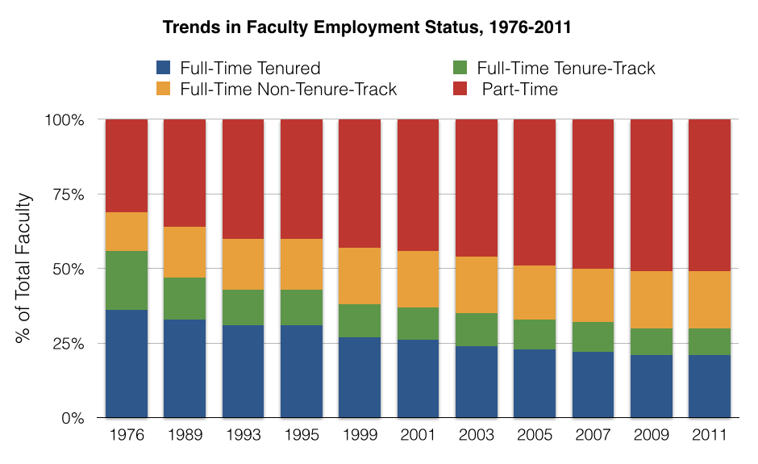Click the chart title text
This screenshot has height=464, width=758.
367,27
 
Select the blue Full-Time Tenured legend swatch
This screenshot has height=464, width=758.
164,68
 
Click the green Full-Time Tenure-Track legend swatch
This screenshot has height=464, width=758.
460,68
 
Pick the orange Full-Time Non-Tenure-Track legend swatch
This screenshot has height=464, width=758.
164,89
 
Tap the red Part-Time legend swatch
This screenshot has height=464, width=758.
460,89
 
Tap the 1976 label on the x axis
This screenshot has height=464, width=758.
127,436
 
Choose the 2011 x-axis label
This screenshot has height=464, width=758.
710,436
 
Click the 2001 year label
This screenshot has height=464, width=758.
418,436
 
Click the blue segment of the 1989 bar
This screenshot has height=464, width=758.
185,369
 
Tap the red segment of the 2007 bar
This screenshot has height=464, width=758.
593,194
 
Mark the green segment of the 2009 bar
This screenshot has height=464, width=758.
651,341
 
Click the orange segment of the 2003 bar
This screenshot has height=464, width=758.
477,285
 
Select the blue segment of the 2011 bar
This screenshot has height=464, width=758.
710,387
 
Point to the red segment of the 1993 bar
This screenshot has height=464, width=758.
243,179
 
